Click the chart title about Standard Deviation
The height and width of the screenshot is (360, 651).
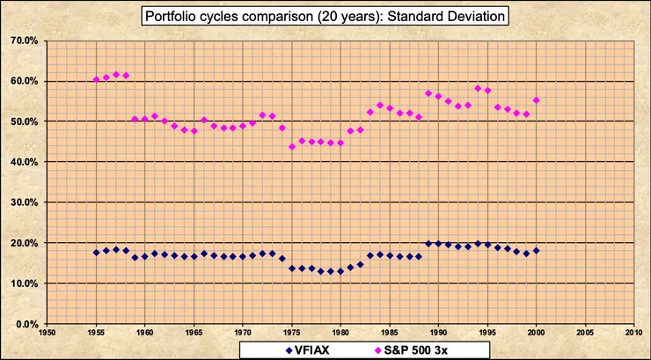[x=325, y=17]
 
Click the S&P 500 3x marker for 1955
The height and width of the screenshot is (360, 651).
[x=97, y=79]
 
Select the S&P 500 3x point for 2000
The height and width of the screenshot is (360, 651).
[x=536, y=100]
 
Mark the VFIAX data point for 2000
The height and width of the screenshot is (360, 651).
[x=536, y=251]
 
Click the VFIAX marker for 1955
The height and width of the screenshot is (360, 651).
[x=97, y=253]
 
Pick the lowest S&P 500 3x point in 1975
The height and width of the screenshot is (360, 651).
[x=292, y=147]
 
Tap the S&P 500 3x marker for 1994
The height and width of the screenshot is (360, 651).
[x=478, y=88]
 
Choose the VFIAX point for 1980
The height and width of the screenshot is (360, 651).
[x=340, y=271]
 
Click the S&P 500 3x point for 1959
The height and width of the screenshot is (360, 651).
[x=135, y=119]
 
